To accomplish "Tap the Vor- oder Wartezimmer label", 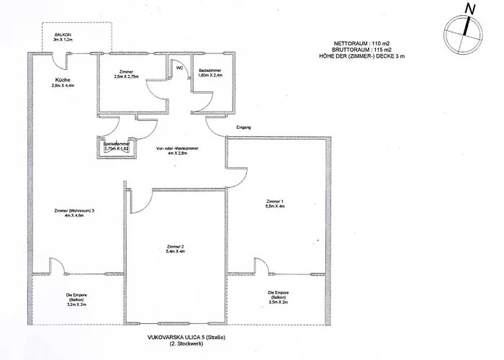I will [176, 148].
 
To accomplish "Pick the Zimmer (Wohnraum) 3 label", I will [74, 210].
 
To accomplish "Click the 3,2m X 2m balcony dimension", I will [77, 304].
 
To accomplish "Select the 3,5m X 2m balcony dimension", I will [279, 302].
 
